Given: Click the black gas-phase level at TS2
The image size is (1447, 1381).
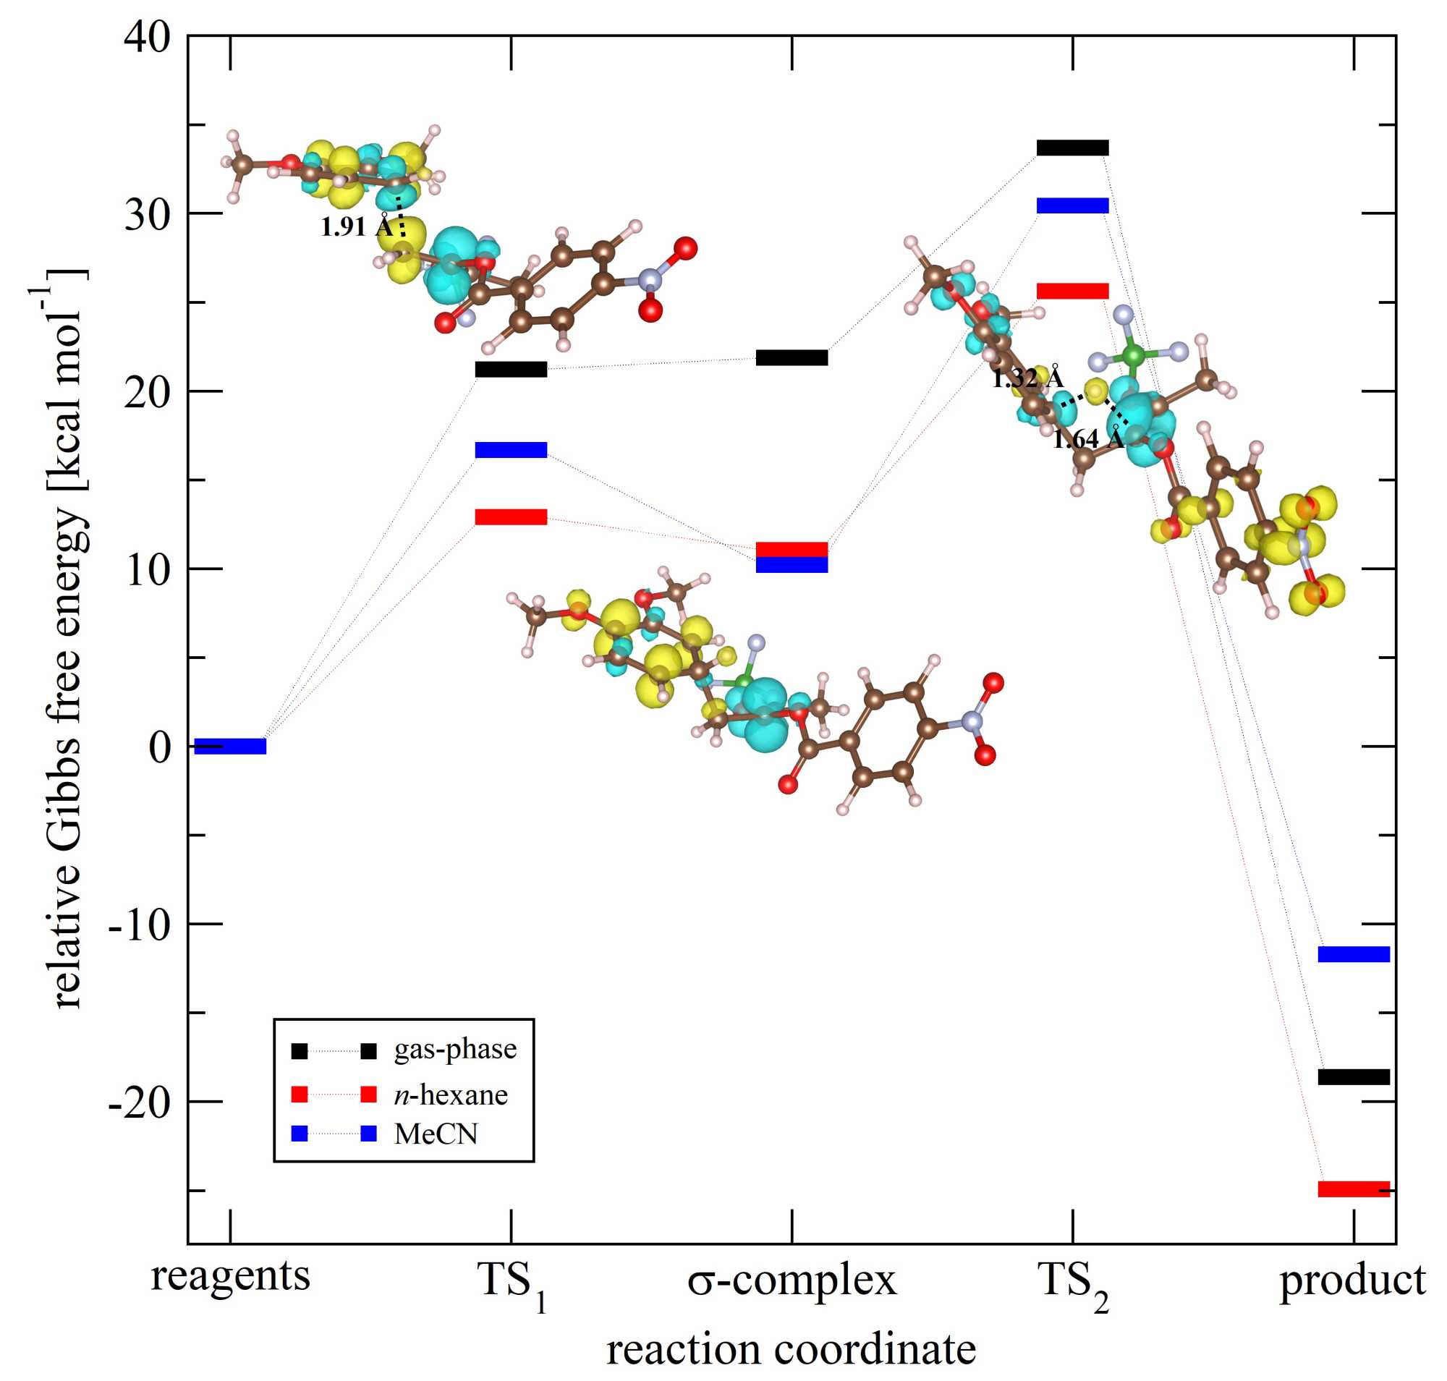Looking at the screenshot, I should tap(1072, 148).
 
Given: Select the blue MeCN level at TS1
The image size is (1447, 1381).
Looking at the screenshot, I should tap(511, 450).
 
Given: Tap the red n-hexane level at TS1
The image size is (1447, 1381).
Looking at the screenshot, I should tap(511, 517).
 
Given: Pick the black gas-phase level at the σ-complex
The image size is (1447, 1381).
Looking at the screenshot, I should tap(792, 358).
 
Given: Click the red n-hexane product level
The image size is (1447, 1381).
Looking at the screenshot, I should tap(1354, 1189).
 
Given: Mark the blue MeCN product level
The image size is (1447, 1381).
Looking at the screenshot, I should tap(1354, 954).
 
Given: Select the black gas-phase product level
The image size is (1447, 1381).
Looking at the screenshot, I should tap(1354, 1077).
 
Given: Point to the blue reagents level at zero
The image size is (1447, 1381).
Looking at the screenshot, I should tap(230, 747).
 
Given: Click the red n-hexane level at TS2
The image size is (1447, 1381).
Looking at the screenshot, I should tap(1072, 291).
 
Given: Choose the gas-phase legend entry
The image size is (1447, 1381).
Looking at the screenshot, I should tap(455, 1049).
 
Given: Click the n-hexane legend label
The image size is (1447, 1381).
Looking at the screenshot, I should tap(451, 1095).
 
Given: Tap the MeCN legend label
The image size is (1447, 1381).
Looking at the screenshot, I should tap(436, 1134).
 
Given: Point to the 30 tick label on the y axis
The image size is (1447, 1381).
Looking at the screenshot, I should tap(148, 214).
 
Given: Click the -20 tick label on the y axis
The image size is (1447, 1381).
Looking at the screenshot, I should tap(139, 1102).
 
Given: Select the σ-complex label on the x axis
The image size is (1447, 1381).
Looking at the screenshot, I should tap(792, 1280).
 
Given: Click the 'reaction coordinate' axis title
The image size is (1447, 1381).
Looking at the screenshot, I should tap(792, 1351).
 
